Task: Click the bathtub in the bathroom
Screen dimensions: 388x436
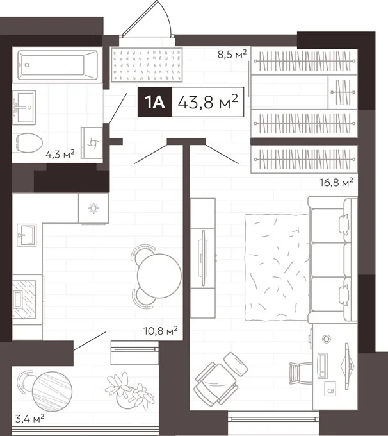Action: pos(57,65)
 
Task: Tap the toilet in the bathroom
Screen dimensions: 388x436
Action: pos(29,142)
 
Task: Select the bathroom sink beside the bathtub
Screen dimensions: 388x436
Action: pos(24,107)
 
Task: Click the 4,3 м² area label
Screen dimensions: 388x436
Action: pos(60,153)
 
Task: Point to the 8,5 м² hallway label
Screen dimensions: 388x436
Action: pos(232,54)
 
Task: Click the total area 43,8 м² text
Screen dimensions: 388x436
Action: pos(207,102)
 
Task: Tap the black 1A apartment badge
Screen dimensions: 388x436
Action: pos(155,102)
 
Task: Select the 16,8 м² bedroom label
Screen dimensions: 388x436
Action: pos(336,182)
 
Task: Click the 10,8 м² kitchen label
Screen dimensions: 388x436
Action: pos(161,331)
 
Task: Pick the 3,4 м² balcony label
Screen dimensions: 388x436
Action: pos(29,419)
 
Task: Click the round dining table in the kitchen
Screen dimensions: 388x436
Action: pos(159,276)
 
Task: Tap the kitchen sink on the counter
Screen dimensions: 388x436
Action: pos(26,235)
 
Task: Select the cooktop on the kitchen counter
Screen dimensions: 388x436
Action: pos(24,299)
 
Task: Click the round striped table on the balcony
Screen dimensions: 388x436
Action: pos(53,392)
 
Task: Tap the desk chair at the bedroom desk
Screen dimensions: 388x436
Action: pos(300,373)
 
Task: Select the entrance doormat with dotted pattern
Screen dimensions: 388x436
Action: pos(147,65)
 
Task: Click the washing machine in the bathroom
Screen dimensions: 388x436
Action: pos(92,143)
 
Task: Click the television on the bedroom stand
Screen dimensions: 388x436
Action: pos(203,258)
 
